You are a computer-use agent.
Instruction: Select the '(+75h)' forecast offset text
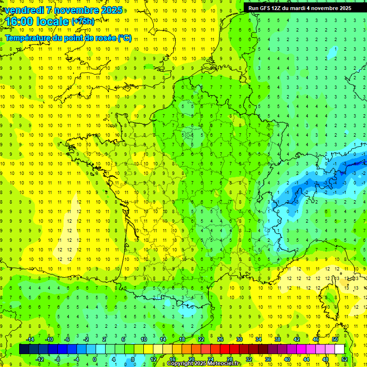pos(82,21)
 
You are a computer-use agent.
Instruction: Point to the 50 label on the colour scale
pos(335,339)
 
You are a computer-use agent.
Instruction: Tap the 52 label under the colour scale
pos(345,359)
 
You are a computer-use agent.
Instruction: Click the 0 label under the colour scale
pos(95,359)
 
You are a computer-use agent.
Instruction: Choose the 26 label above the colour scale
pos(220,339)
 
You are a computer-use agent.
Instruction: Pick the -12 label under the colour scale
pos(40,359)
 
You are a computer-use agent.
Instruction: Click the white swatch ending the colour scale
pos(339,349)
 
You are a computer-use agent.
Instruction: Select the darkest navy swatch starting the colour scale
pos(24,349)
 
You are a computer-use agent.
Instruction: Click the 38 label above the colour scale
pos(277,339)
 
